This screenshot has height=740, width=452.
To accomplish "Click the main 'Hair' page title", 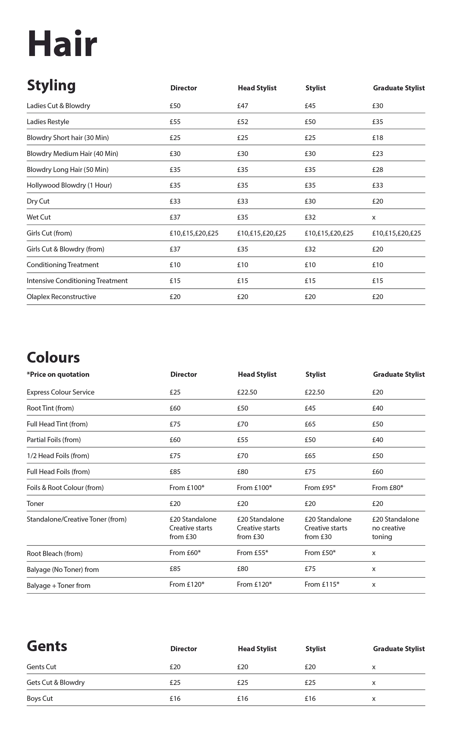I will point(62,44).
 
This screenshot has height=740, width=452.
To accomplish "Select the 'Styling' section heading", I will point(51,86).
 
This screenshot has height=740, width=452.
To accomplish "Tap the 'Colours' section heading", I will point(53,358).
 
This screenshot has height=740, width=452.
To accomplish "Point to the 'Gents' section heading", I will point(47,646).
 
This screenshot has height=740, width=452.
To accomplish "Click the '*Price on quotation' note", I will point(58,374).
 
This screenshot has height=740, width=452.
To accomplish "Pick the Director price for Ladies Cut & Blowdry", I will point(175,106).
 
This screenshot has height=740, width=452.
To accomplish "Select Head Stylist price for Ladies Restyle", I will point(243,122).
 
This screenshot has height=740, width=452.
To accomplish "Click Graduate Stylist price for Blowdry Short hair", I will point(378,138).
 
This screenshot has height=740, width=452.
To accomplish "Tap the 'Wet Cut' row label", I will point(39,217).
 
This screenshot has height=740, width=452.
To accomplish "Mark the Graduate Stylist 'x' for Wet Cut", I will point(374,217).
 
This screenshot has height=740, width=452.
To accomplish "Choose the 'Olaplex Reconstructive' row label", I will point(61,297).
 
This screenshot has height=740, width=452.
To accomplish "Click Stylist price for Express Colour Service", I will point(315,392).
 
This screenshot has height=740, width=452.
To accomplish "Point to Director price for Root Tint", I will point(175,408).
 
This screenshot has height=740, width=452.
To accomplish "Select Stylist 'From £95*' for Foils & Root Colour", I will point(320,488).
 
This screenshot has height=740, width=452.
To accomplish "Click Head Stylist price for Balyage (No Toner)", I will point(243,569).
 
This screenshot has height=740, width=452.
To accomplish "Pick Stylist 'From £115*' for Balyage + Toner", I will point(322,584).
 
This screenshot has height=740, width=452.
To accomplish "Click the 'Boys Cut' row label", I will point(40,698).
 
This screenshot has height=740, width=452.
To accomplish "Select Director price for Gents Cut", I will point(175,667).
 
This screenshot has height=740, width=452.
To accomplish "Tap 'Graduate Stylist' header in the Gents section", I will point(399,649).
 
